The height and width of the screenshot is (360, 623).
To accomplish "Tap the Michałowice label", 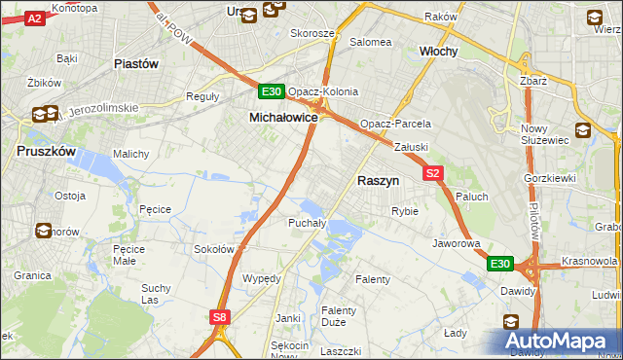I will click(276, 117).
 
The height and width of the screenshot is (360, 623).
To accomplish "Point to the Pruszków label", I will click(46, 152).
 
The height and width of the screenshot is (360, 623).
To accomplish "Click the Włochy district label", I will click(438, 51).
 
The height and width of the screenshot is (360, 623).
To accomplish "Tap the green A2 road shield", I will click(34, 18).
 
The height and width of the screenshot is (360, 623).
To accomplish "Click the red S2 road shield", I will click(434, 173).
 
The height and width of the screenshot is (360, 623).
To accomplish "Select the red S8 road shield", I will click(220, 317).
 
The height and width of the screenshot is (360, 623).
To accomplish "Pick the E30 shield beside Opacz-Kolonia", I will click(272, 92).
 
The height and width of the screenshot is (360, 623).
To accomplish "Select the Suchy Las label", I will click(156, 293).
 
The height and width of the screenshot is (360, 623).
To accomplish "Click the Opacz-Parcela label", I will click(395, 125).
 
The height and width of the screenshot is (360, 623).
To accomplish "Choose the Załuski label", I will click(412, 147).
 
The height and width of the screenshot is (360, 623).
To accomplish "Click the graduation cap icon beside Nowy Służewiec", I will click(582, 129).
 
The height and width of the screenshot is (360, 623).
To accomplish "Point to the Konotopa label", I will click(74, 8).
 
